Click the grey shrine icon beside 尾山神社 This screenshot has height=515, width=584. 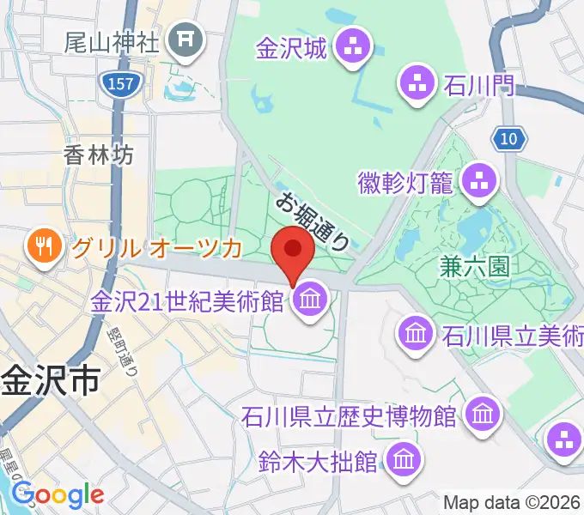tap(184, 39)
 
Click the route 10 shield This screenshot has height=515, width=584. tap(510, 138)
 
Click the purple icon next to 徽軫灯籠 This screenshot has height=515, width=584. tap(480, 180)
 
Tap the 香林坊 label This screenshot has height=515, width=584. tap(99, 154)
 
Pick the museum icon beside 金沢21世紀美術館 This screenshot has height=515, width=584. tap(307, 300)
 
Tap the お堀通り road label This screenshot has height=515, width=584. tap(313, 221)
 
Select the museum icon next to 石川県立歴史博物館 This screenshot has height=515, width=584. tap(483, 416)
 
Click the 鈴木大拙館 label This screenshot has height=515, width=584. tap(317, 461)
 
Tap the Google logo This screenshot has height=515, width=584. tap(58, 494)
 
